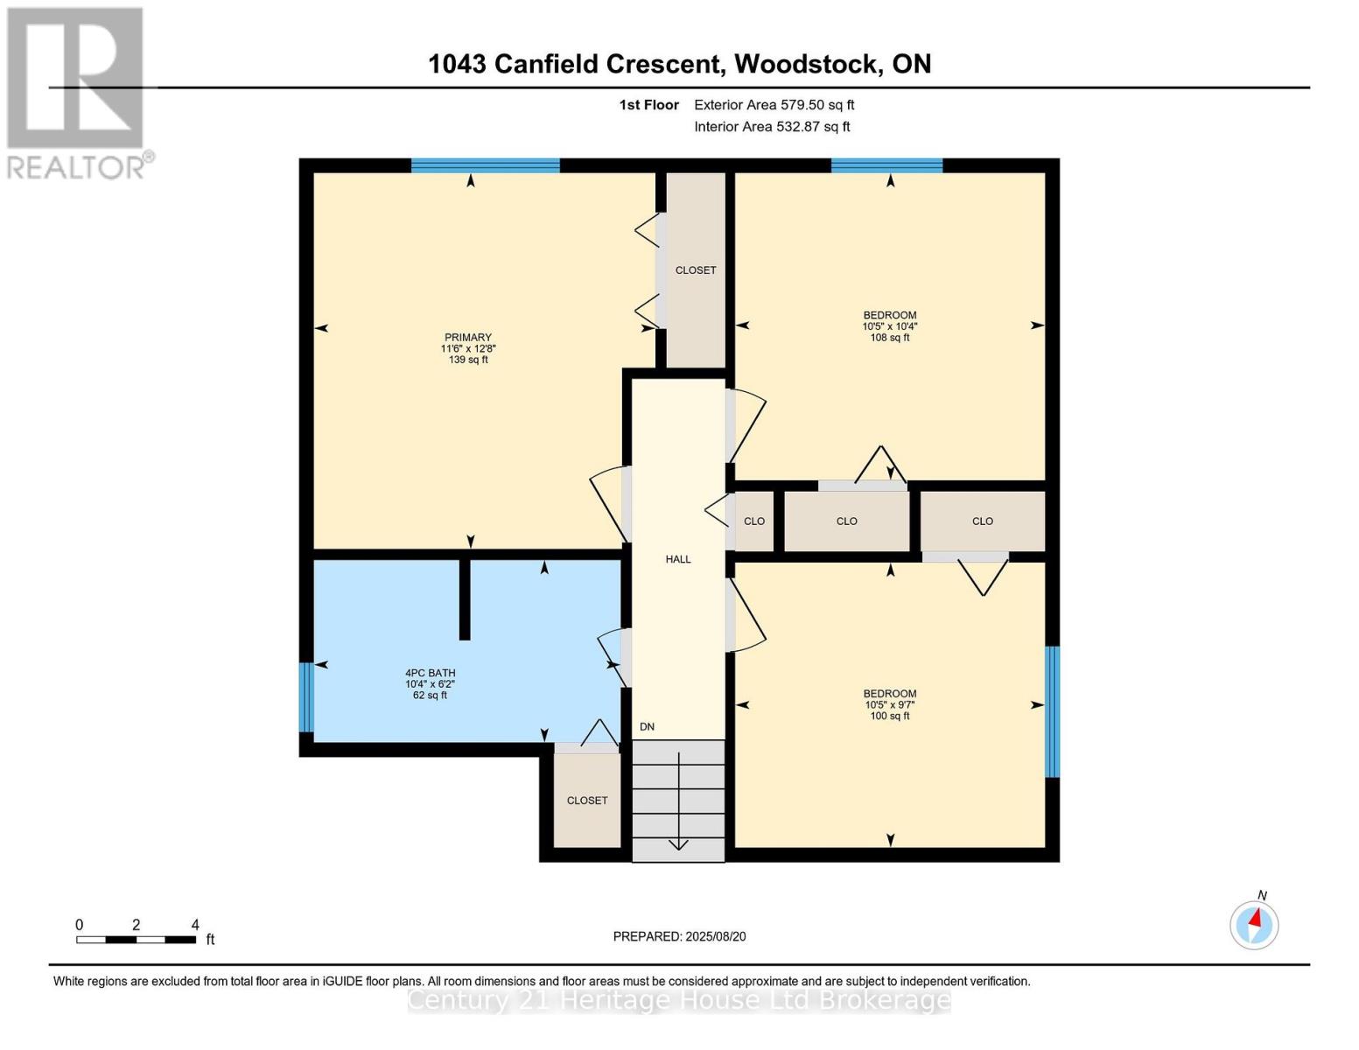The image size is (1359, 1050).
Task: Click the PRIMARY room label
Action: pos(468,338)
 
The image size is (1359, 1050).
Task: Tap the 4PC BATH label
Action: pos(430,673)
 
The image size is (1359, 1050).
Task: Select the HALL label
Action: pos(678,559)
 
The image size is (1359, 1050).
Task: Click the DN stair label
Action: pos(647,727)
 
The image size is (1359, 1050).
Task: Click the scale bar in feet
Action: pos(136,940)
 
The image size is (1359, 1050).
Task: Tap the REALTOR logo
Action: pos(76,92)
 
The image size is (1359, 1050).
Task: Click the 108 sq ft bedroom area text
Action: pos(890,338)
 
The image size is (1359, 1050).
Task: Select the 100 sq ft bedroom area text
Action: pos(890,716)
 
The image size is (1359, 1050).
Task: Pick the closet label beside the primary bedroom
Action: pos(696,270)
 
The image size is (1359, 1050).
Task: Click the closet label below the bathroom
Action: pos(587,801)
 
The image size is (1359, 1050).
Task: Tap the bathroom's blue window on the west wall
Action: pos(305,697)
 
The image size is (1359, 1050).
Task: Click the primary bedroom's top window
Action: pos(485,165)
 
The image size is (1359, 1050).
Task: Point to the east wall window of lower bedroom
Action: pos(1053,711)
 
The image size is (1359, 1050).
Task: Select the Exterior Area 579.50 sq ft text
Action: pos(774,105)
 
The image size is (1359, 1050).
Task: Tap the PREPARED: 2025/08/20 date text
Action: pos(679,936)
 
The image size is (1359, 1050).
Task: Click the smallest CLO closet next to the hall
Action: pos(754,521)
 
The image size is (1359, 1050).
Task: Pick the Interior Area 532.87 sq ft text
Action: pos(772,127)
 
